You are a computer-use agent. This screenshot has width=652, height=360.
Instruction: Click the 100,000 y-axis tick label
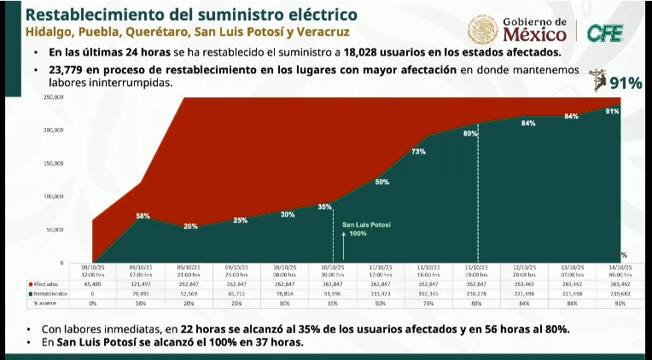pyautogui.click(x=54, y=197)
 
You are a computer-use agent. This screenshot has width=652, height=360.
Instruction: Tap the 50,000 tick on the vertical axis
pyautogui.click(x=55, y=230)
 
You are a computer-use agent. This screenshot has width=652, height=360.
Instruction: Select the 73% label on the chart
pyautogui.click(x=418, y=152)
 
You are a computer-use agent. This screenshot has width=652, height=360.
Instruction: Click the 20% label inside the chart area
pyautogui.click(x=190, y=226)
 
